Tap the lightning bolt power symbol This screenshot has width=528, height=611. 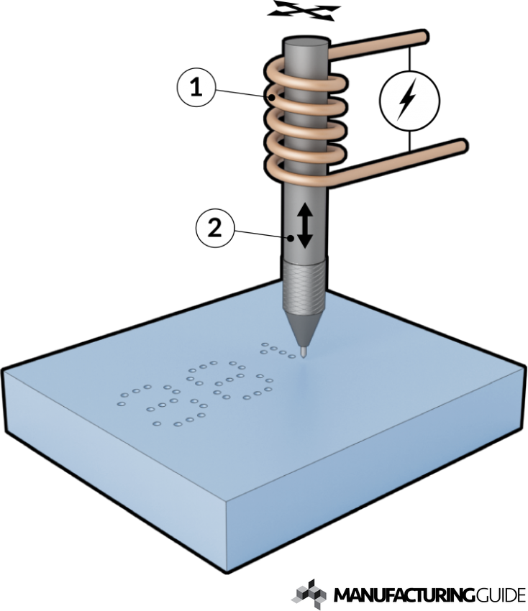409,102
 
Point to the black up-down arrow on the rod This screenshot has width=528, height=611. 305,225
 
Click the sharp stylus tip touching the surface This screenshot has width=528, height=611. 305,352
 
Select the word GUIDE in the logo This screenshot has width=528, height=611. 499,595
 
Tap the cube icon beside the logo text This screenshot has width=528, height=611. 309,592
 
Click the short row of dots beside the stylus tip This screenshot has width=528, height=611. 278,350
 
